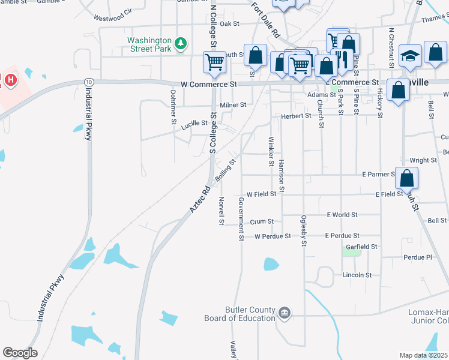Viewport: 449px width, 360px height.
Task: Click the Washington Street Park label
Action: click(x=149, y=45)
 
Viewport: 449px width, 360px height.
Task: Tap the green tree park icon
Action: click(x=181, y=43)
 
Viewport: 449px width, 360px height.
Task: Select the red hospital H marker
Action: click(x=10, y=79)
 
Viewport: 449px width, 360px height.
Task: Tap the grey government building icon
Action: click(x=285, y=312)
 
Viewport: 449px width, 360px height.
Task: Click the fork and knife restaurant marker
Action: click(x=342, y=59)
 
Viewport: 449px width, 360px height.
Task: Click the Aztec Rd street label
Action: click(x=199, y=198)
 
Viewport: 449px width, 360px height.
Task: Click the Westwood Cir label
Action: click(x=113, y=15)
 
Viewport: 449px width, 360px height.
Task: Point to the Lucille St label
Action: click(x=194, y=122)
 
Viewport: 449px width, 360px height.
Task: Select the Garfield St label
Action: click(x=361, y=247)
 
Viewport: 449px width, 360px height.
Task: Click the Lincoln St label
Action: click(x=357, y=275)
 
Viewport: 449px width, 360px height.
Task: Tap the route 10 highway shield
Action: click(x=88, y=82)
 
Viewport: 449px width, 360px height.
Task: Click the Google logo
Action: click(x=20, y=352)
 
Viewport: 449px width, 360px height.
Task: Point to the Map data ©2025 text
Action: click(x=424, y=355)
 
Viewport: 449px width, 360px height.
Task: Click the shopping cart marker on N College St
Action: click(x=214, y=61)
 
